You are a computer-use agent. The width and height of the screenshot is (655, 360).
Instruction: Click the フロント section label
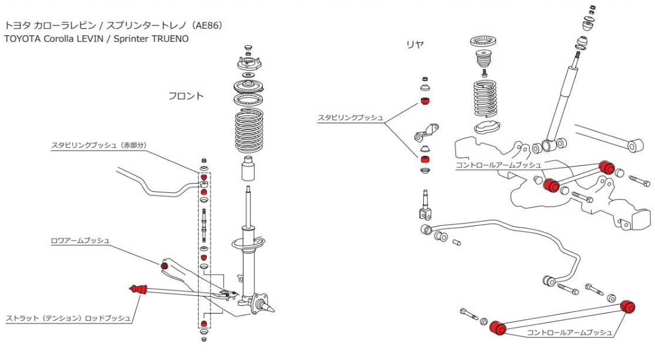pos(186,96)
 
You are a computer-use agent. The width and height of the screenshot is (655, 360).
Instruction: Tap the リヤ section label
pos(415,44)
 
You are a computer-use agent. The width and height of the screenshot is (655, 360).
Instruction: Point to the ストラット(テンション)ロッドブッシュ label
pos(68,319)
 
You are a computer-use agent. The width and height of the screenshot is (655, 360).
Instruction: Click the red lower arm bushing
pos(165,266)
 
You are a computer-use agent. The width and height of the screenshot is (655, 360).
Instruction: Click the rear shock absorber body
pos(561,104)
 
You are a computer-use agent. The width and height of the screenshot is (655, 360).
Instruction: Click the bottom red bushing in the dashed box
pos(203,325)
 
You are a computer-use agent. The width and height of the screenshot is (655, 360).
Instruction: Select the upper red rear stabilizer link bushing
pos(426,102)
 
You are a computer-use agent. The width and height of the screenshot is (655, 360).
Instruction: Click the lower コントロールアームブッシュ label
pos(569,333)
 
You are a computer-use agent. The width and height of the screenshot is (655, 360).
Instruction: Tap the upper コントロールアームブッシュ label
pos(498,165)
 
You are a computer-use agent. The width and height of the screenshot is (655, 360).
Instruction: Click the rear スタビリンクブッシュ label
pos(350,118)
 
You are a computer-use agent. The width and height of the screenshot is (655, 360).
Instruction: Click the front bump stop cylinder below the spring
pos(249,171)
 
